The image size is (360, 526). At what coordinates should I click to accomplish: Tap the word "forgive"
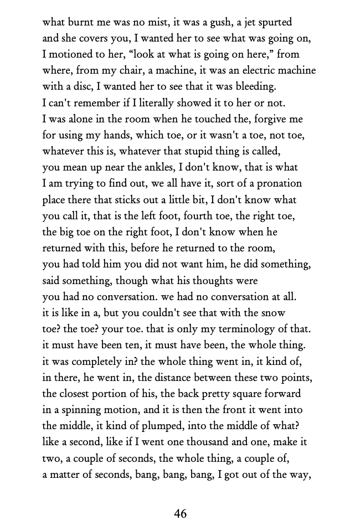click(271, 119)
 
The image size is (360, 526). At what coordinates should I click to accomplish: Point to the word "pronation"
click(279, 183)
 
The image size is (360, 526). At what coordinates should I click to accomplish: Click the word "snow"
click(273, 312)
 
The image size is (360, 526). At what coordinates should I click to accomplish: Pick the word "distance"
click(177, 377)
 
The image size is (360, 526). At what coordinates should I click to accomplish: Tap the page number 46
click(180, 513)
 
